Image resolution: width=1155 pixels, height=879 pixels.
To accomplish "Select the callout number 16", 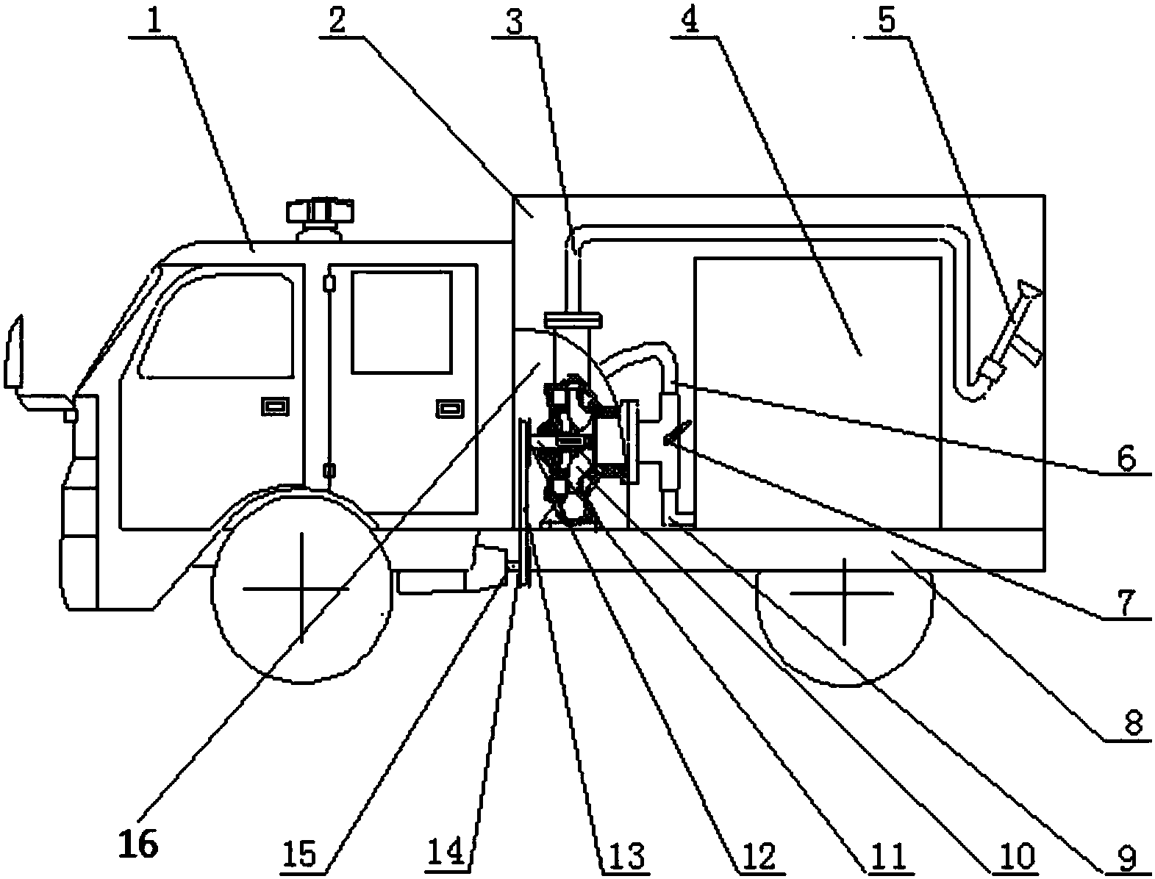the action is (x=139, y=843).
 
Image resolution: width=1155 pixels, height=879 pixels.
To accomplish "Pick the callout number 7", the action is (x=1125, y=603).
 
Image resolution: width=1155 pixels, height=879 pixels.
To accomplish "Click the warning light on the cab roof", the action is (x=320, y=219).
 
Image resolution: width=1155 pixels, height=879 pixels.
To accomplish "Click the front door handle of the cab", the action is (x=276, y=406).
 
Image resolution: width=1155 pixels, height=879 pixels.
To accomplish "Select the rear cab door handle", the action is (x=450, y=408).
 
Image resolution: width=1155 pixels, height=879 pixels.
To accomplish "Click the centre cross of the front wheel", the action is (x=301, y=589).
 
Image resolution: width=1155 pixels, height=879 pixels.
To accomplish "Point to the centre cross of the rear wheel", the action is (x=843, y=592).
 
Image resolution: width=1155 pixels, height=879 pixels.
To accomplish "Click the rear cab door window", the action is (x=401, y=323).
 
